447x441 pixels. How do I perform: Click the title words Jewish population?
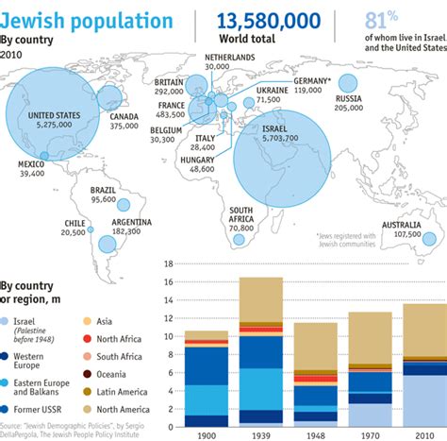point(88,21)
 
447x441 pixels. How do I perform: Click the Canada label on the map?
point(124,115)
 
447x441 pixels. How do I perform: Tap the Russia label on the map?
point(348,97)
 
